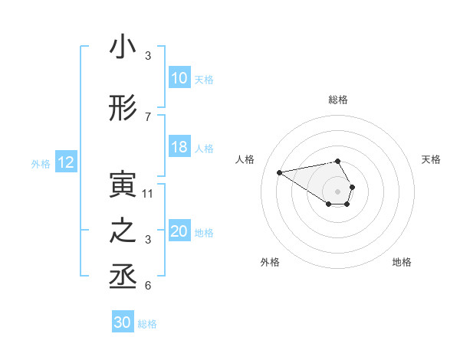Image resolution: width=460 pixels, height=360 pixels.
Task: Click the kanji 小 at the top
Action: pyautogui.click(x=123, y=47)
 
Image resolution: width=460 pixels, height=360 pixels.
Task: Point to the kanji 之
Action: pyautogui.click(x=123, y=231)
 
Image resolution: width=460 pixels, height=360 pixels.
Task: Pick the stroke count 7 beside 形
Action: pyautogui.click(x=148, y=117)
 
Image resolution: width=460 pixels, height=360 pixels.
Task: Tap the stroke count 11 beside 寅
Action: pyautogui.click(x=149, y=194)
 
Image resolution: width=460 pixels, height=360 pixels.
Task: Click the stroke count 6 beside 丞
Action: pyautogui.click(x=148, y=286)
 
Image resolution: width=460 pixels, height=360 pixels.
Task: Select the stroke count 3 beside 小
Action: pyautogui.click(x=148, y=56)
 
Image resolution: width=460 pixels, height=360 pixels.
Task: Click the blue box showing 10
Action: pyautogui.click(x=179, y=78)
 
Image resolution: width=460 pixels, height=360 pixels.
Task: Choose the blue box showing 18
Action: pyautogui.click(x=179, y=148)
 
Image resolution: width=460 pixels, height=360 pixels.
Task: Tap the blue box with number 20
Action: pyautogui.click(x=179, y=232)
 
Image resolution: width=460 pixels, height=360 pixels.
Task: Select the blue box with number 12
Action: pyautogui.click(x=66, y=162)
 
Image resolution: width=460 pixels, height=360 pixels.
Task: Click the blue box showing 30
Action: pyautogui.click(x=123, y=322)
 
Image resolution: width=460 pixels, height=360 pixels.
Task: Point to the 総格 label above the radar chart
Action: pyautogui.click(x=337, y=100)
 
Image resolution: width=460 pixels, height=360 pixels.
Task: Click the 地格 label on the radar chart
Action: pyautogui.click(x=402, y=262)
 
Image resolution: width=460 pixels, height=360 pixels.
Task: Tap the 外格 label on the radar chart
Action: pyautogui.click(x=270, y=262)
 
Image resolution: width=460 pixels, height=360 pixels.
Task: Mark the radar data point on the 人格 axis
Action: pyautogui.click(x=280, y=172)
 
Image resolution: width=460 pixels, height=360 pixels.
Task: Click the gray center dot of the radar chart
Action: pyautogui.click(x=337, y=190)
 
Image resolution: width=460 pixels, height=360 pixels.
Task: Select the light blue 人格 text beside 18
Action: pyautogui.click(x=204, y=149)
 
